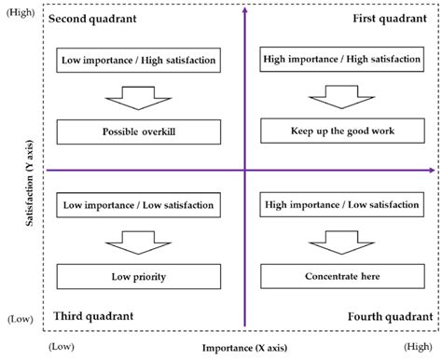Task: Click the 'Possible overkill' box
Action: [138, 132]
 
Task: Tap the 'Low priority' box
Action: [138, 276]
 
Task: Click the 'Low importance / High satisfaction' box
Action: [138, 62]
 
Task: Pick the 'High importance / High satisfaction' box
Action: [341, 62]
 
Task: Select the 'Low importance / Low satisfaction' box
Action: [138, 205]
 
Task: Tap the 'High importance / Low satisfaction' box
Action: [341, 205]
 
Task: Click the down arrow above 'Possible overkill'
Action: [137, 96]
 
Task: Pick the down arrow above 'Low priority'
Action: [137, 241]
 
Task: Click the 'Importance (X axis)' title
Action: [244, 348]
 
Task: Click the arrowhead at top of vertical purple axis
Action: [244, 10]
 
